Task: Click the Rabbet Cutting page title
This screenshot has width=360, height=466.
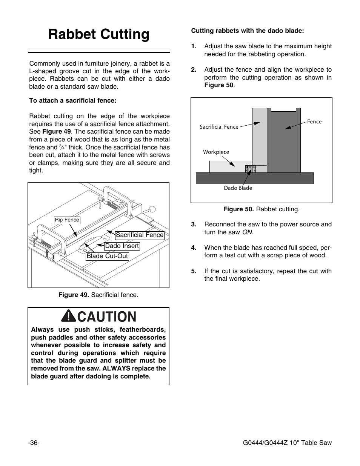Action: [99, 34]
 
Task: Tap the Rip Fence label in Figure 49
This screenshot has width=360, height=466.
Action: [67, 220]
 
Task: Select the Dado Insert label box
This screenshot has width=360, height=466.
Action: [122, 246]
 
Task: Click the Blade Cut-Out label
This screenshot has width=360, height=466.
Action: [108, 256]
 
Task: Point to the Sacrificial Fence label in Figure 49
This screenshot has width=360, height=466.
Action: [140, 235]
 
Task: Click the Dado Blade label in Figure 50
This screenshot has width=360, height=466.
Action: [238, 188]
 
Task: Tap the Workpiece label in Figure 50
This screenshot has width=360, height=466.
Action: [216, 152]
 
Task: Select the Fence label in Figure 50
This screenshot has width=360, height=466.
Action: [314, 121]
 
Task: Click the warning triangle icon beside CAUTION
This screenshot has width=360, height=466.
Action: [69, 316]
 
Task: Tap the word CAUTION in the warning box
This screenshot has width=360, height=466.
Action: [106, 317]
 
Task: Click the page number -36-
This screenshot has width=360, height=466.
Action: [34, 443]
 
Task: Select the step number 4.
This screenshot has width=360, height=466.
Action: [194, 248]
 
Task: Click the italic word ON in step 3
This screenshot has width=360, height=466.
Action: [247, 232]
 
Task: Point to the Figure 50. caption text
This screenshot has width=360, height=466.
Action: [261, 209]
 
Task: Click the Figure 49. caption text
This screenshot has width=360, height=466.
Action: [98, 295]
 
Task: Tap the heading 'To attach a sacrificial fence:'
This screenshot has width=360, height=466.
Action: [73, 101]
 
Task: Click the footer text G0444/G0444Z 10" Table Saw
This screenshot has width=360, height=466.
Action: [287, 443]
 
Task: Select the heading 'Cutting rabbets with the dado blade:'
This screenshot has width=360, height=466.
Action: [248, 31]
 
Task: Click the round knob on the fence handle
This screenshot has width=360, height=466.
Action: [152, 209]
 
